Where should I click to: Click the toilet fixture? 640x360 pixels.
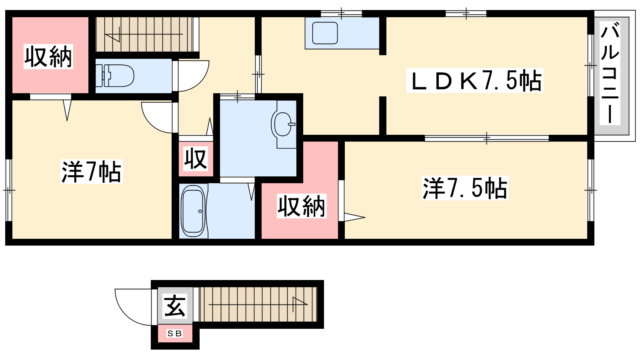pyautogui.click(x=114, y=76)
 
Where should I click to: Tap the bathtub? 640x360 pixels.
pyautogui.click(x=194, y=211)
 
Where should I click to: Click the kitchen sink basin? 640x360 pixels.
pyautogui.click(x=325, y=33)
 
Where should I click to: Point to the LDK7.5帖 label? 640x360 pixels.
pyautogui.click(x=475, y=81)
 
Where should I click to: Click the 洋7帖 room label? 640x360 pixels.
pyautogui.click(x=92, y=172)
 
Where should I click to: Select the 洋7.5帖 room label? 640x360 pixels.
pyautogui.click(x=465, y=188)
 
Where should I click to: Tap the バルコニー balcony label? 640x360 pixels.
pyautogui.click(x=610, y=73)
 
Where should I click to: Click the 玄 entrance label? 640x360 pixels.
pyautogui.click(x=175, y=306)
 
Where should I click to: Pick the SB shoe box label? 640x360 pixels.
pyautogui.click(x=174, y=334)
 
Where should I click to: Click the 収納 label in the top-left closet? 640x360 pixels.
pyautogui.click(x=48, y=56)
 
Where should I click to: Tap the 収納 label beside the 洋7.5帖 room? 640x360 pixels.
pyautogui.click(x=302, y=206)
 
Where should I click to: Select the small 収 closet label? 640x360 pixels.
pyautogui.click(x=196, y=159)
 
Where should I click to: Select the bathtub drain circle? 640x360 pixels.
pyautogui.click(x=200, y=212)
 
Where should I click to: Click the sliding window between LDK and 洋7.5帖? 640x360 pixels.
pyautogui.click(x=486, y=138)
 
